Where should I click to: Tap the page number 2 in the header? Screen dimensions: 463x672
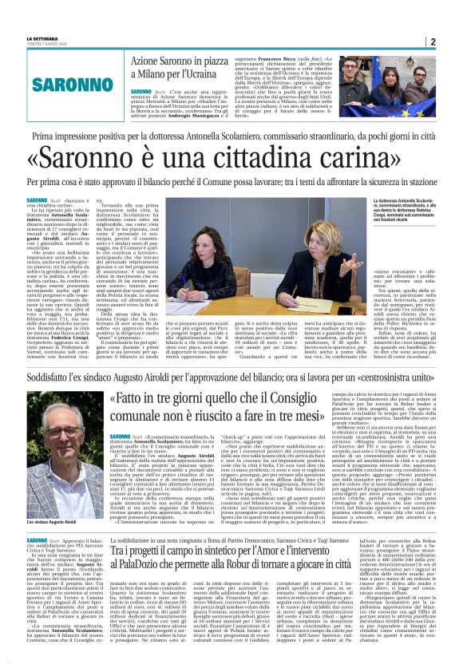coord(432,42)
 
